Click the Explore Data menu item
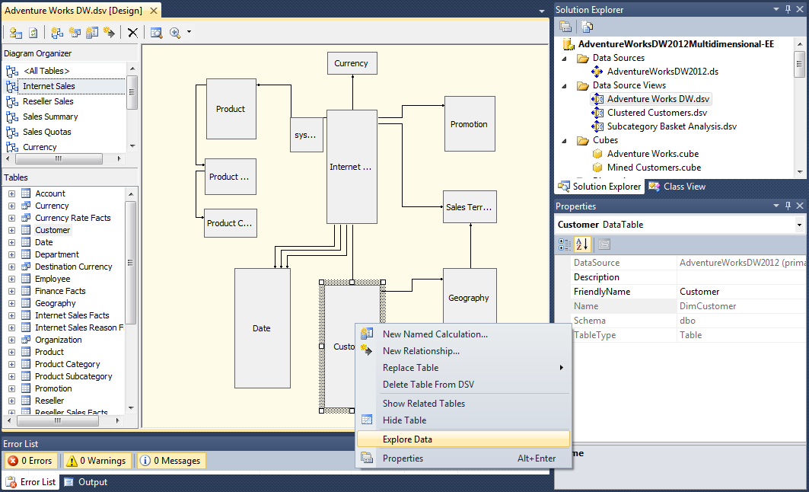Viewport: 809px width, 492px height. tap(407, 439)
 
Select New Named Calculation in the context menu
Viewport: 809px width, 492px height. tap(435, 334)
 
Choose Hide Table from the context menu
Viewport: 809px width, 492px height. tap(404, 420)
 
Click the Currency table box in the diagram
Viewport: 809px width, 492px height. tap(351, 63)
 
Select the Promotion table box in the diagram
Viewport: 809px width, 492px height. tap(469, 124)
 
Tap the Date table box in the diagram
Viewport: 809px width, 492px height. tap(262, 328)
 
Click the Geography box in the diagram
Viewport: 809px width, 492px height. tap(469, 297)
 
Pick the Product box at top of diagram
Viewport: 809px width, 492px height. tap(231, 109)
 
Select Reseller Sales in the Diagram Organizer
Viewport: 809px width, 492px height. tap(48, 101)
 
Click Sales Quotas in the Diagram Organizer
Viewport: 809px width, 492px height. tap(46, 132)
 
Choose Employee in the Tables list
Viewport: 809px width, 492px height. tap(53, 279)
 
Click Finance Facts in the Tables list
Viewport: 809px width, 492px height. tap(60, 291)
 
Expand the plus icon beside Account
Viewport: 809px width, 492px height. tap(12, 193)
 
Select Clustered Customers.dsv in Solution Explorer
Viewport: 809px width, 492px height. tap(657, 113)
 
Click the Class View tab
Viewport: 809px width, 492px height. tap(683, 187)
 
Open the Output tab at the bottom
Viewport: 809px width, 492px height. tap(93, 482)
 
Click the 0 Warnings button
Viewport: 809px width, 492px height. tap(95, 461)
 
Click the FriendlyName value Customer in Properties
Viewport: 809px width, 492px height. tap(699, 292)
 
